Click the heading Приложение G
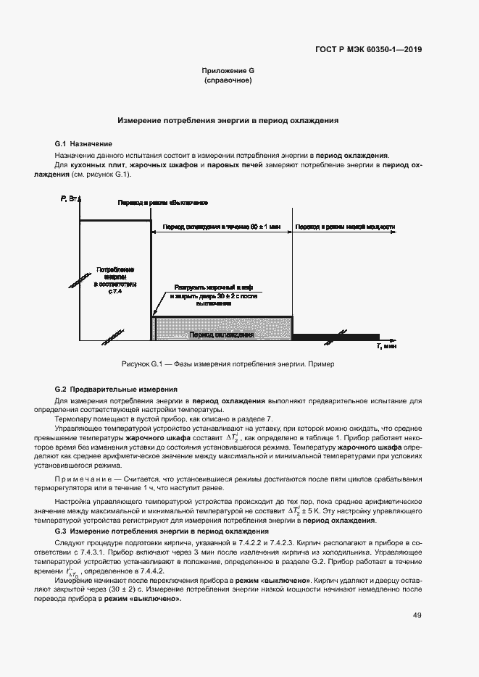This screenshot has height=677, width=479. tap(228, 71)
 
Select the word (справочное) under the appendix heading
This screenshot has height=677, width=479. tap(228, 80)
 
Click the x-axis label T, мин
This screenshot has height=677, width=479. tap(386, 347)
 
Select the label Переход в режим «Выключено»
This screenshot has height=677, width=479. tap(163, 202)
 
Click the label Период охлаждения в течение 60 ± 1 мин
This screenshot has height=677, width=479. tap(221, 227)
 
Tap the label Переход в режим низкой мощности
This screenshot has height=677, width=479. tap(344, 227)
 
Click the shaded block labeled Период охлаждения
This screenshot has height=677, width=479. tap(221, 335)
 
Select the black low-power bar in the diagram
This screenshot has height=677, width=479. tap(336, 336)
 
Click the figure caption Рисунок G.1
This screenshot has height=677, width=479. tap(228, 363)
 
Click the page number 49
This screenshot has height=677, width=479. tap(417, 615)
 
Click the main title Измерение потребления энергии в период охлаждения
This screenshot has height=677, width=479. tap(228, 121)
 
